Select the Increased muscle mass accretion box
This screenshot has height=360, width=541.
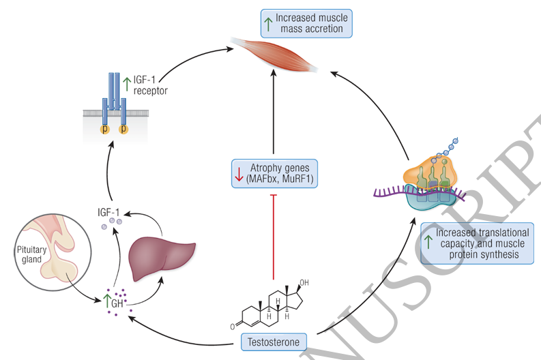[306, 22]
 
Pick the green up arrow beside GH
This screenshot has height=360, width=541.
[107, 299]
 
